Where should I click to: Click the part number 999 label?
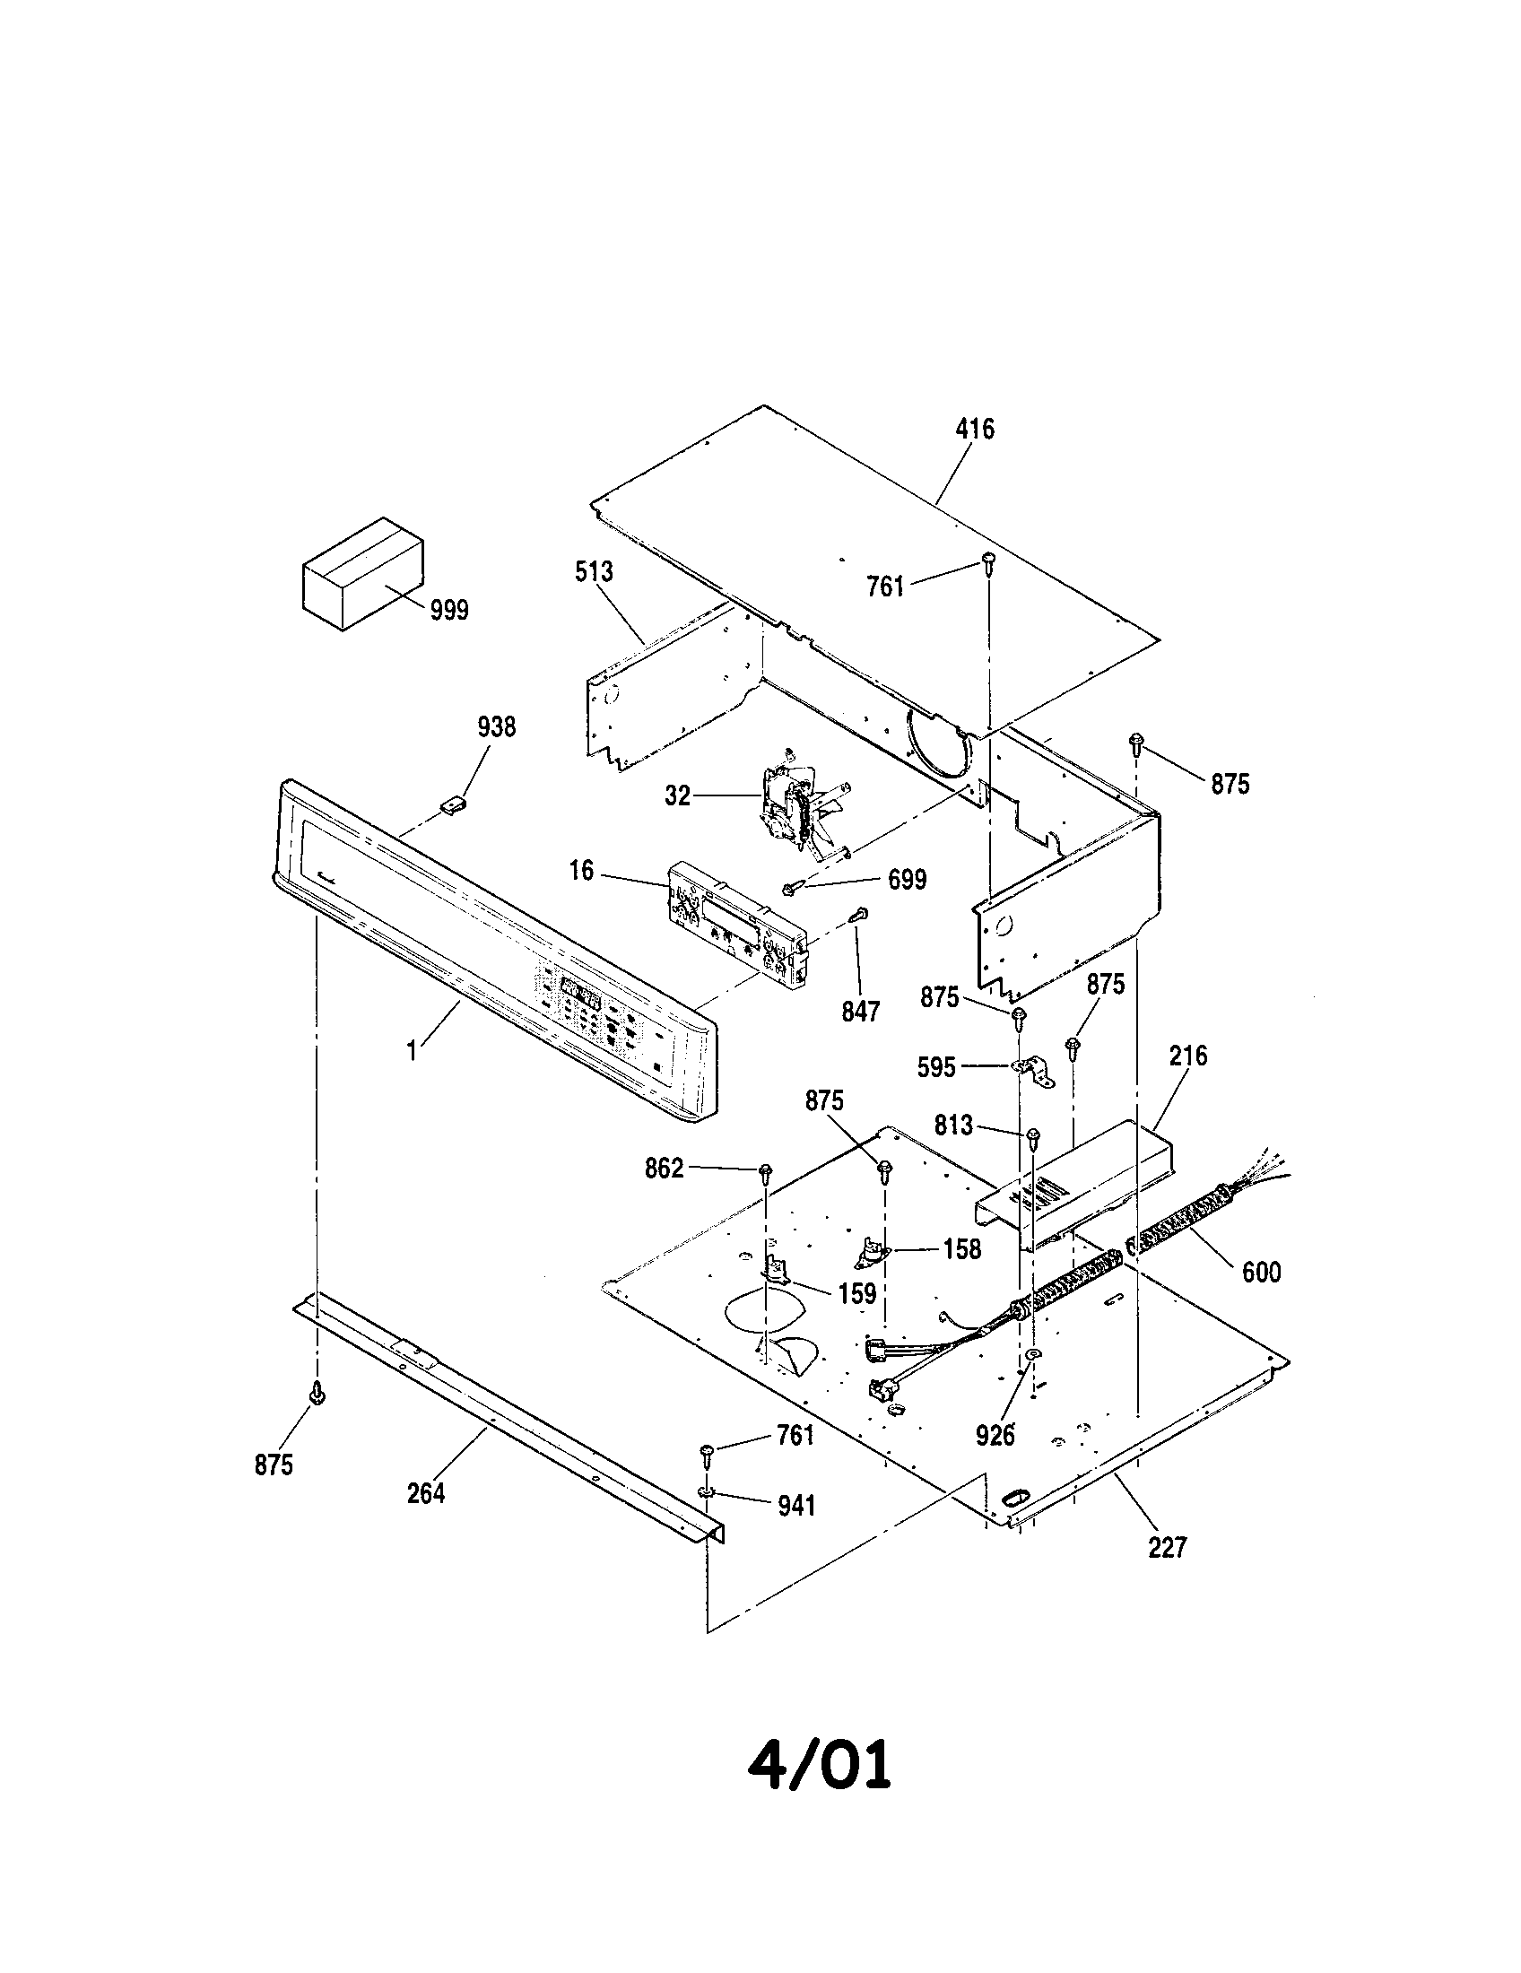point(448,611)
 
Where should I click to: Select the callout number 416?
point(975,429)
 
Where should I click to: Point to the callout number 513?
point(594,572)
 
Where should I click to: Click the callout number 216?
point(1187,1056)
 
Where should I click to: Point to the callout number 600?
point(1261,1272)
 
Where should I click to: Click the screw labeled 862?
point(766,1173)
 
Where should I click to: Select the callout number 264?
point(425,1493)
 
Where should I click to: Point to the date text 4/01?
point(819,1765)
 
